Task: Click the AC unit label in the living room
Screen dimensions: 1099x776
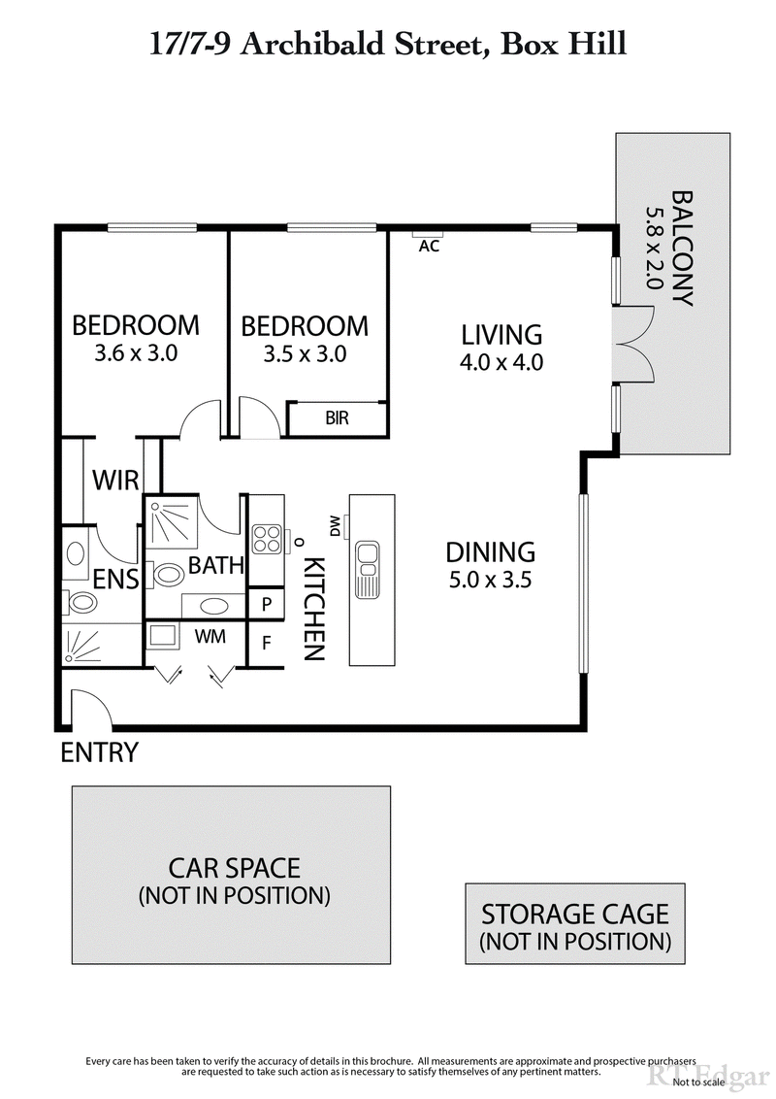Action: point(429,247)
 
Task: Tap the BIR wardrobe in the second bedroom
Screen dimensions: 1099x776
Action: point(338,418)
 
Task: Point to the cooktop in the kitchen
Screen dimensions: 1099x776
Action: point(267,539)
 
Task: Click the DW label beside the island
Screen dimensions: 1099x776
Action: point(335,525)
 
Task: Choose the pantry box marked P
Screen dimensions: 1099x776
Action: point(267,604)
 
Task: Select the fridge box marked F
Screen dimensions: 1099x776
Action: point(267,642)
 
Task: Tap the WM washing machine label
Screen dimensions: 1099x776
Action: point(211,637)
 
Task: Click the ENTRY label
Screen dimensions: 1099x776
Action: point(99,752)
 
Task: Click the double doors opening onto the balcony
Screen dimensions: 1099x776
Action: point(636,345)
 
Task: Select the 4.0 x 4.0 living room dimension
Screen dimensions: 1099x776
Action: point(501,363)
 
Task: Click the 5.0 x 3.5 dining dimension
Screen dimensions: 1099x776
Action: point(491,581)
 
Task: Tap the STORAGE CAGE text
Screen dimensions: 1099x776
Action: point(575,914)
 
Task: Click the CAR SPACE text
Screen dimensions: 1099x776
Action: point(235,867)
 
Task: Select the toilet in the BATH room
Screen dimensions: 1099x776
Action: point(169,575)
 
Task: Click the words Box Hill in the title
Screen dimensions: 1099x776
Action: point(563,45)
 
